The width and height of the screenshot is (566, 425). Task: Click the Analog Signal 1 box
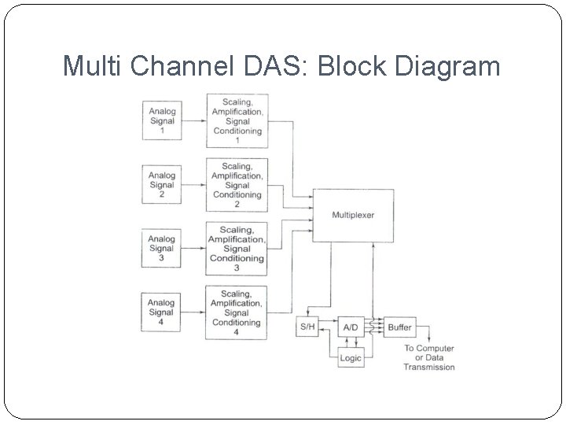(162, 120)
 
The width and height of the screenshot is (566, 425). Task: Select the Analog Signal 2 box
(162, 184)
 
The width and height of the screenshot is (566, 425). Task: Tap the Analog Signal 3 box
(161, 248)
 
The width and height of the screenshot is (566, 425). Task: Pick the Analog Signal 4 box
(161, 312)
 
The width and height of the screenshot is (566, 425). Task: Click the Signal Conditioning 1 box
(237, 120)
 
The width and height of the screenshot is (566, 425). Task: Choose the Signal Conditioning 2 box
(237, 185)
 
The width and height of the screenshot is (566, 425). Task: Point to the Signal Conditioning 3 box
(237, 249)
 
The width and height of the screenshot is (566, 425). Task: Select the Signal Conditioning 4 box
(237, 312)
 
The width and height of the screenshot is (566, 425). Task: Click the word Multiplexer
(353, 215)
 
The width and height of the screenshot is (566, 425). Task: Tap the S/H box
(307, 327)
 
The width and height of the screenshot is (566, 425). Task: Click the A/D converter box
(351, 327)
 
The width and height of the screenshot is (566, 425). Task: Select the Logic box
(351, 358)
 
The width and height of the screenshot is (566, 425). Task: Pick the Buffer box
(400, 327)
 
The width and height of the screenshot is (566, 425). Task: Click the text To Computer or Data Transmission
(429, 357)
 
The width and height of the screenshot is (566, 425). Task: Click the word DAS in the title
(277, 65)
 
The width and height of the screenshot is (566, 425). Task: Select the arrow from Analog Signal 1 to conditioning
(194, 120)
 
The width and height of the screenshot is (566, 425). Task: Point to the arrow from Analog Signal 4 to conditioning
(193, 312)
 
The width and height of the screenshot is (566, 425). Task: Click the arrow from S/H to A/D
(329, 320)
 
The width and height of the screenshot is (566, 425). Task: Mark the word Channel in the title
(182, 65)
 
